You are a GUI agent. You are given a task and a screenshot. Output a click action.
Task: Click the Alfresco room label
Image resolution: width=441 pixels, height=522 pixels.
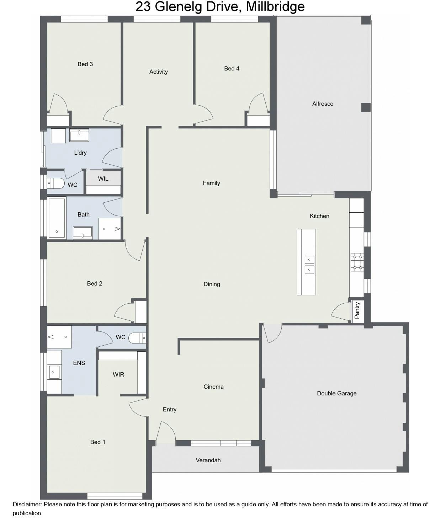[x=323, y=104]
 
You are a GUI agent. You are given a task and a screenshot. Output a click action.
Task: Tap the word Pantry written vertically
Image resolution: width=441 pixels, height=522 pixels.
[x=357, y=310]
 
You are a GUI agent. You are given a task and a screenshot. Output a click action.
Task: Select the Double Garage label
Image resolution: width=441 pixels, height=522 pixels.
[x=336, y=393]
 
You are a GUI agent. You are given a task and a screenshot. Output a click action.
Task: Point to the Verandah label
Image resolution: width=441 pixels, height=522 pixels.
[x=208, y=460]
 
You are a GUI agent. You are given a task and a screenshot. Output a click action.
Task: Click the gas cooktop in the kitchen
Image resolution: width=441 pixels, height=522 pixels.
[x=357, y=262]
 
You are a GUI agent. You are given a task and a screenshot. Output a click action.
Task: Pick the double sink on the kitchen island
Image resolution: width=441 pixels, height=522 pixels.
[x=309, y=265]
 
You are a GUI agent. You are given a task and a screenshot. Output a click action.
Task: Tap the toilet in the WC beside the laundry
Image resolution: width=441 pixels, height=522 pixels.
[x=56, y=183]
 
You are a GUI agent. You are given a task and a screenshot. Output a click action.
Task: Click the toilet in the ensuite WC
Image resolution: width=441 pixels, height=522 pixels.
[x=137, y=338]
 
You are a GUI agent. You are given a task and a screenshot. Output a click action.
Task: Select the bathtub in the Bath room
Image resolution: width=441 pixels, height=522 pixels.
[x=57, y=218]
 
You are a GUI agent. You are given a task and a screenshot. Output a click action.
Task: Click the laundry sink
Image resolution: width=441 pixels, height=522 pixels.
[x=79, y=135]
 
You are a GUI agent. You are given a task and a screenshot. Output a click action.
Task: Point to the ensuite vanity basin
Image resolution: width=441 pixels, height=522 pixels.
[x=54, y=372]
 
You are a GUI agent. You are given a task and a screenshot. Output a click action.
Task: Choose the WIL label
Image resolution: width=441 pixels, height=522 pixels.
[x=103, y=179]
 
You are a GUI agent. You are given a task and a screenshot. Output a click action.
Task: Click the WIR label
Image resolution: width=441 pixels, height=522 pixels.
[x=118, y=374]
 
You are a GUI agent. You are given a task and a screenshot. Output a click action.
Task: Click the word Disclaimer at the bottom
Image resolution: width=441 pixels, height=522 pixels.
[x=27, y=504]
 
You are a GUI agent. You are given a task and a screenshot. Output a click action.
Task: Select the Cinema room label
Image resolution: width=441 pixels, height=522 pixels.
[x=213, y=387]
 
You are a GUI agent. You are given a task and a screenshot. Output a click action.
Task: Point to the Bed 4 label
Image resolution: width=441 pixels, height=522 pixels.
[x=232, y=69]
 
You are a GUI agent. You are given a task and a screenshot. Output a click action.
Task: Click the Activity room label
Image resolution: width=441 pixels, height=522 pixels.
[x=159, y=72]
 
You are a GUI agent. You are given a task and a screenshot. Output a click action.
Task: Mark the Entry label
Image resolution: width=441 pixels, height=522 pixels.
[x=170, y=410]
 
